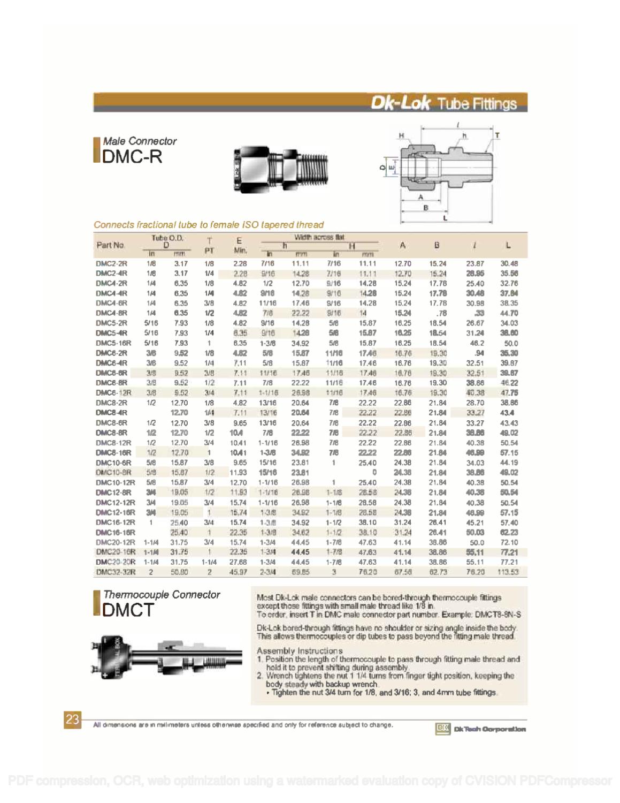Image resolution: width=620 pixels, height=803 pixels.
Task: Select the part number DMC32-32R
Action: click(x=116, y=572)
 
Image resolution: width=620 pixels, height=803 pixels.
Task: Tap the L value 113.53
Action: click(x=508, y=572)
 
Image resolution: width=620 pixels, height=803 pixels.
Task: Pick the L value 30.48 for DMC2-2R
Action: click(x=508, y=263)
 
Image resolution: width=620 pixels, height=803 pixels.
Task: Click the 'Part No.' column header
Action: click(x=111, y=245)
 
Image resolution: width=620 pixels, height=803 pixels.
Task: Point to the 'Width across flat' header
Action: click(x=319, y=237)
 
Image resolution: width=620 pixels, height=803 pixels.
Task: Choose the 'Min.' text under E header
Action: click(x=239, y=250)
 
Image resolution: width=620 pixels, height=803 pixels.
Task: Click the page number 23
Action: click(x=73, y=719)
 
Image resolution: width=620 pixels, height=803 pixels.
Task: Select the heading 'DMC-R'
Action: click(x=132, y=156)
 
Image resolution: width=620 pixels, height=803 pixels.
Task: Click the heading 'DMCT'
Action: click(x=128, y=610)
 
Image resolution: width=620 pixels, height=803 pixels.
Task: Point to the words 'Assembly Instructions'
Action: click(x=300, y=650)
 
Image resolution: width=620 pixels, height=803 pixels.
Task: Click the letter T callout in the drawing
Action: click(x=497, y=136)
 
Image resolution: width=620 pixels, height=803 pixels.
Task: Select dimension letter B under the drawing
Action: click(x=426, y=208)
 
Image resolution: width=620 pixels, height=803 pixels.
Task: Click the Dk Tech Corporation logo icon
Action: click(x=443, y=729)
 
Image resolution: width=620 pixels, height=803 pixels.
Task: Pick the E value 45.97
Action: click(x=238, y=572)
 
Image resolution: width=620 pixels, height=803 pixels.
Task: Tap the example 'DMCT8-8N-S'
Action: click(x=497, y=615)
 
